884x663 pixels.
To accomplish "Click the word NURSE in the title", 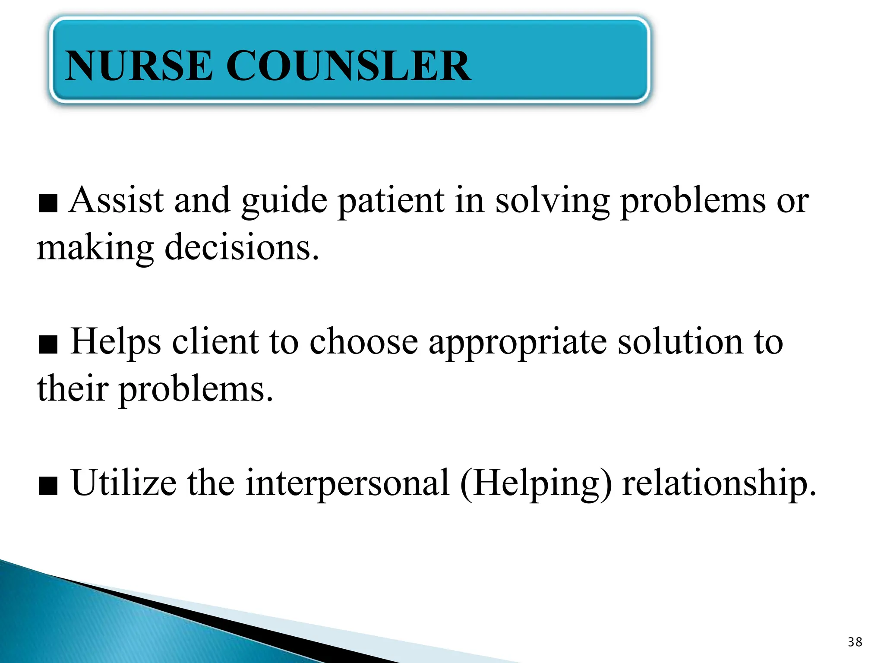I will [x=139, y=66].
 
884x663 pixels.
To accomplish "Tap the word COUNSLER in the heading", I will [x=348, y=66].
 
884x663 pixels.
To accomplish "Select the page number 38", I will [x=855, y=642].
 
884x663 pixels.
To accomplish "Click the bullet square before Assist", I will [x=48, y=204].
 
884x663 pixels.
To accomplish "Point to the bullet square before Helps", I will [x=48, y=345].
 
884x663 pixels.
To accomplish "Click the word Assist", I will [x=117, y=200].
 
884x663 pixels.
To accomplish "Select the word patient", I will [x=391, y=201].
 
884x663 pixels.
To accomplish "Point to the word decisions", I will [x=242, y=248].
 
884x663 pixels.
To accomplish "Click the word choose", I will [x=364, y=342].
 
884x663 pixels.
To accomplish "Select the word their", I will [x=73, y=388].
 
